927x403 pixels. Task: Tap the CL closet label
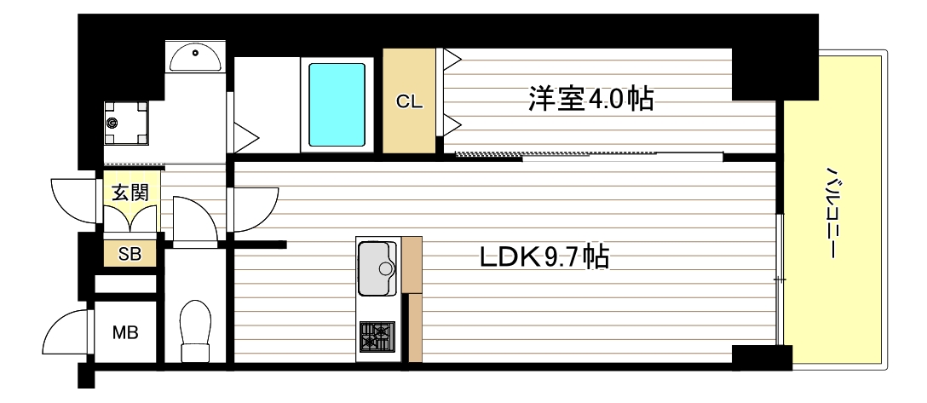(x=409, y=101)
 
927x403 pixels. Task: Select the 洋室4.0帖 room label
(x=591, y=99)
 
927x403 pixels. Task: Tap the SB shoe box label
(x=130, y=253)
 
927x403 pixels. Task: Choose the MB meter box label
(x=126, y=333)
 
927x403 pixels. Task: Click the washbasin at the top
(x=195, y=57)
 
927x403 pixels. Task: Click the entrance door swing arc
(x=73, y=203)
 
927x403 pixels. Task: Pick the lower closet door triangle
(x=452, y=126)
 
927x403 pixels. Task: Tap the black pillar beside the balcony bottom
(x=761, y=356)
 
